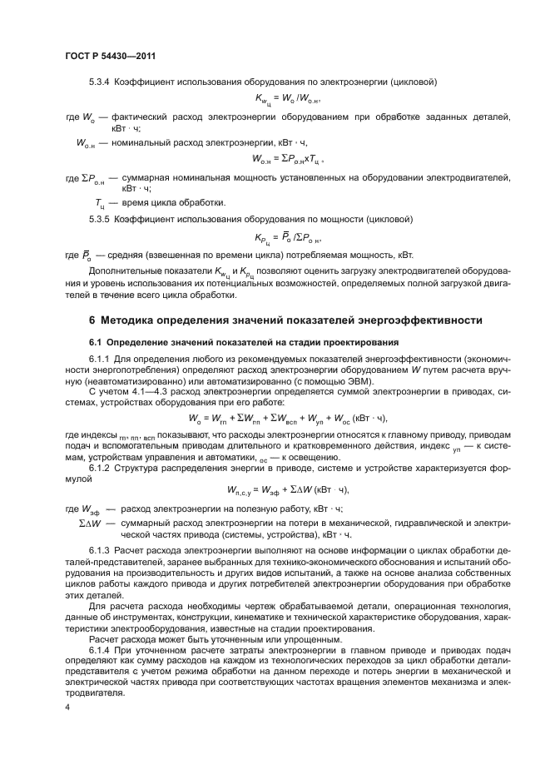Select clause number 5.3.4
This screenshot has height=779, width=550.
click(x=101, y=81)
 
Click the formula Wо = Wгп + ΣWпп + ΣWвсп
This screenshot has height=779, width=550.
click(x=288, y=419)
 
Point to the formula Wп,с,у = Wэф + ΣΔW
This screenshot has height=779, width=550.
click(x=287, y=489)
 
